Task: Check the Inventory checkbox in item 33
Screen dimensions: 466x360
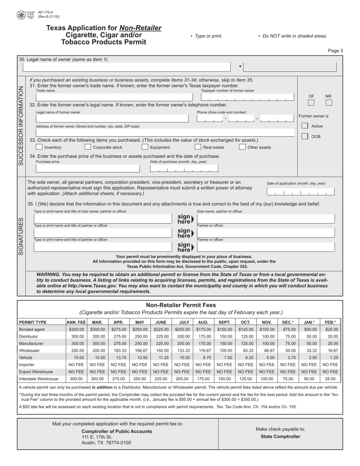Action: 39,147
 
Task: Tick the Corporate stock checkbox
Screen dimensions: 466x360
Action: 88,147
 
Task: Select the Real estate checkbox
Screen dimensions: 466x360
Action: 198,147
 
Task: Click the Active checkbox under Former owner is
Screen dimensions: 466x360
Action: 305,126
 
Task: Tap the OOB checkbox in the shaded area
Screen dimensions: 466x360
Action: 305,136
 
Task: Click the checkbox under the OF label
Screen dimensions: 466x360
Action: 311,103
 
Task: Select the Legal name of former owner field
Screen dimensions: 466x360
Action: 112,119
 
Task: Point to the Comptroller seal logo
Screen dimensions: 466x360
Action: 22,16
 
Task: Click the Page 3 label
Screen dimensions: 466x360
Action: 335,51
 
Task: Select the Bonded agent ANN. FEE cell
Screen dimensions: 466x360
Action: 76,330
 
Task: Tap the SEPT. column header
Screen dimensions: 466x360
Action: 224,322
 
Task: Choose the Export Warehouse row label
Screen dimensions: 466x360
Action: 36,372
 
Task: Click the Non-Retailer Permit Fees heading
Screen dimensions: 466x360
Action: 181,305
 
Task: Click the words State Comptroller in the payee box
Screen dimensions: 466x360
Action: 280,436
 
